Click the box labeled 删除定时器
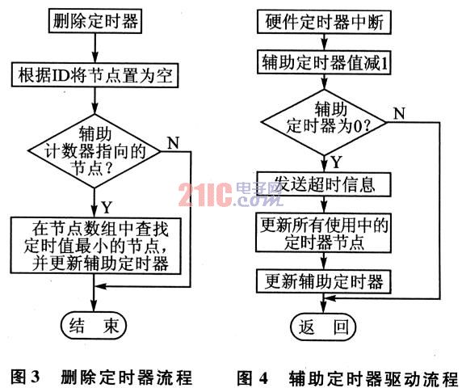click(x=94, y=21)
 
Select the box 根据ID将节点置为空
click(x=94, y=74)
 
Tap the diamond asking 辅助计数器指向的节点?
click(x=94, y=151)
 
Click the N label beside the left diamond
click(x=173, y=143)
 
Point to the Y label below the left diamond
click(x=107, y=207)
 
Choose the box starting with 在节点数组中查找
click(x=96, y=246)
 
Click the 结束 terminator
click(x=94, y=326)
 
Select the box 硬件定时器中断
click(x=324, y=22)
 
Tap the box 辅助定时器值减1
click(x=324, y=62)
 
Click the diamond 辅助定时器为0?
click(x=324, y=122)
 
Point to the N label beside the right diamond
click(x=399, y=113)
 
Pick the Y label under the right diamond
click(x=336, y=162)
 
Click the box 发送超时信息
click(x=324, y=184)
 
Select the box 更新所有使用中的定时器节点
click(x=324, y=233)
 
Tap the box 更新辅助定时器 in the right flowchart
click(x=324, y=281)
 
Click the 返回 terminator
click(x=323, y=327)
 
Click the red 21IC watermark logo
click(x=206, y=195)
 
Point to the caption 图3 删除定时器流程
click(x=102, y=377)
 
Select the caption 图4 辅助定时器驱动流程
click(x=347, y=377)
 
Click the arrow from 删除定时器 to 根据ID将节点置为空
click(x=94, y=48)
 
